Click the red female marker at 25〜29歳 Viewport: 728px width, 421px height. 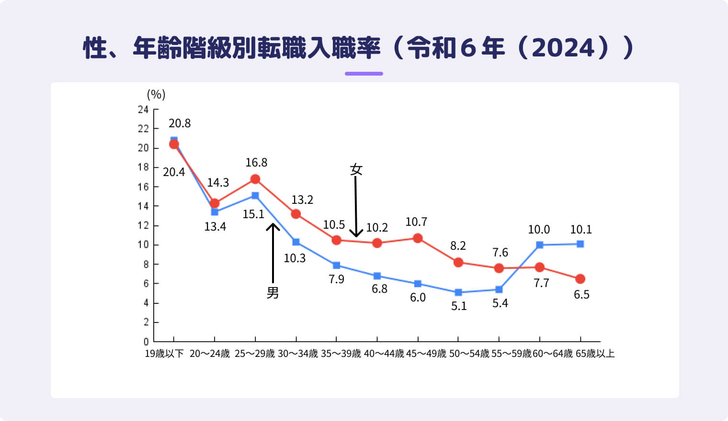(x=255, y=179)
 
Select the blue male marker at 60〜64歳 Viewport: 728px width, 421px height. (x=540, y=245)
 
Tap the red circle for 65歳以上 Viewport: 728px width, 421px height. (x=580, y=279)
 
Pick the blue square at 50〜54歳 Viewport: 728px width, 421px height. (x=458, y=292)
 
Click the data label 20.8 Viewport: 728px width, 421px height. (x=180, y=123)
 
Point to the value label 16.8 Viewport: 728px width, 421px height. (x=256, y=163)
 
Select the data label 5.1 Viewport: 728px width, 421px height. (x=459, y=306)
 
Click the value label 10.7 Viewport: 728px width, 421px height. (x=416, y=222)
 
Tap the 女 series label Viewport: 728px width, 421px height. (x=356, y=169)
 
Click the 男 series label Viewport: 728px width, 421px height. (x=273, y=292)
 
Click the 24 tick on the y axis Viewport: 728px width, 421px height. (x=143, y=110)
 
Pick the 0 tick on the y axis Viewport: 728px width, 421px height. (x=146, y=342)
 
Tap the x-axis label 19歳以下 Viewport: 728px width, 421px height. (x=164, y=354)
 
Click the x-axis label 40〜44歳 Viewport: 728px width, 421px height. (x=384, y=354)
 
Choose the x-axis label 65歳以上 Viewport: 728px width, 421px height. (x=595, y=354)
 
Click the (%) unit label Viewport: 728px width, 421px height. (x=156, y=94)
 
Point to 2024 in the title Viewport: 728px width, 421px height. (x=563, y=48)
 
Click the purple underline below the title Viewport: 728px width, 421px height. (x=364, y=74)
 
